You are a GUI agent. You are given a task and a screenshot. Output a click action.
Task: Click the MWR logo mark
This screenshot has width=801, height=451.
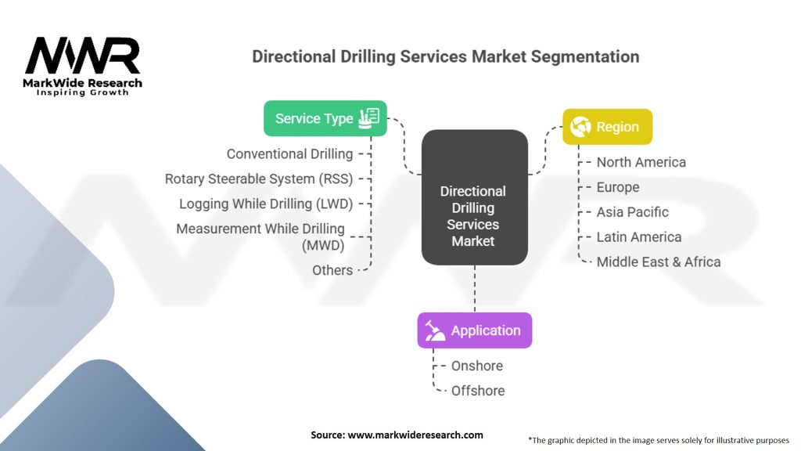83,56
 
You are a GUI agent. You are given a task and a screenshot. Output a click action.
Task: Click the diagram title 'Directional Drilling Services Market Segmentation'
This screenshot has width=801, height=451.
445,57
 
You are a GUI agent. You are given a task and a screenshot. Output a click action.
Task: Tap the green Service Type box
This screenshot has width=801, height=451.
325,118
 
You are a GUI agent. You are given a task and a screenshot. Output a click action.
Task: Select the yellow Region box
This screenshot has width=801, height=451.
607,127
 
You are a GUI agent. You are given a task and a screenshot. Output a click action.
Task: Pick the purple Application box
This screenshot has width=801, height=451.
474,330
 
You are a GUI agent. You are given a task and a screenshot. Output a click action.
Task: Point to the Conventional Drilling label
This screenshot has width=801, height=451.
289,154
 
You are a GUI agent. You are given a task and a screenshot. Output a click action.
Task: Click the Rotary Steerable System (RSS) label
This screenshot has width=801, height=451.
259,179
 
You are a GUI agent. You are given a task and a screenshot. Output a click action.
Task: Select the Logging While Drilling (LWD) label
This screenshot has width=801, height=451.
266,204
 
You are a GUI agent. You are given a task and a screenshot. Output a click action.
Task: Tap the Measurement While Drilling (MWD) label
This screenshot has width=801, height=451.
260,236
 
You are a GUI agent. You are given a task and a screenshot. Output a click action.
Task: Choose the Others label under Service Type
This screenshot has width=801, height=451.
332,270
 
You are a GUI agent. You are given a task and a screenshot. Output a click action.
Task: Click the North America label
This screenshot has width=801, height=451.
641,162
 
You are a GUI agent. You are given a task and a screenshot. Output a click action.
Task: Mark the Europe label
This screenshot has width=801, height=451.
618,187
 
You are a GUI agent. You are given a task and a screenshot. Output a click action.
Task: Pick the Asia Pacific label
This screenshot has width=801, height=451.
633,212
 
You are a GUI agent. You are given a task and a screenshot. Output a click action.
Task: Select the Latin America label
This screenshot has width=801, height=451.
638,237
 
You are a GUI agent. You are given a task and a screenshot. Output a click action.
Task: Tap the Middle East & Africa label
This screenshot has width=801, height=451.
658,262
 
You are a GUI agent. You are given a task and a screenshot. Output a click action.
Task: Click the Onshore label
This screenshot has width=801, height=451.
477,366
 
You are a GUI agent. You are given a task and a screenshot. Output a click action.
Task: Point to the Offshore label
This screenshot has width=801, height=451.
478,391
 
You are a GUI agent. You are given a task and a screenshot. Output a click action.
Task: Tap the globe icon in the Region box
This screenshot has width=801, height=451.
580,127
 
